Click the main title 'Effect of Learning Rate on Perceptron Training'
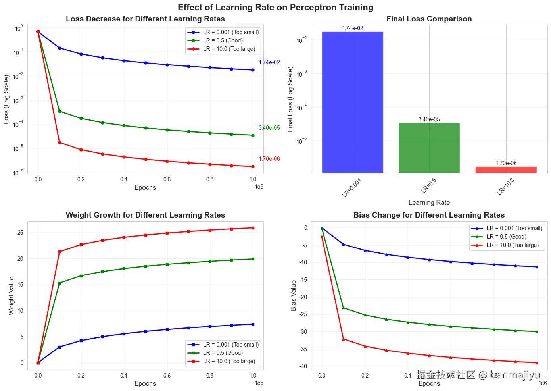[x=275, y=8]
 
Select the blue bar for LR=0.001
[x=352, y=102]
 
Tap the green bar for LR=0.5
[x=429, y=148]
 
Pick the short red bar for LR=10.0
[x=506, y=170]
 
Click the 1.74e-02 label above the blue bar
[x=352, y=28]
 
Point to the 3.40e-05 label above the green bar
[x=429, y=119]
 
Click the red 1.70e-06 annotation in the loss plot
[x=269, y=159]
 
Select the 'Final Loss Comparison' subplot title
[x=429, y=19]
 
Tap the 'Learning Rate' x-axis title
[x=429, y=202]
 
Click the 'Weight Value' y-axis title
[x=11, y=296]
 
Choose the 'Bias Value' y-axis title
[x=294, y=296]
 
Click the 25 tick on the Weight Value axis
[x=21, y=233]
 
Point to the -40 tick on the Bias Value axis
[x=303, y=366]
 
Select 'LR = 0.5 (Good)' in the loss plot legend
[x=223, y=40]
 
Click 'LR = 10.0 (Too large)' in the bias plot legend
[x=513, y=245]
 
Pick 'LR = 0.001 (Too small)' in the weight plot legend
[x=230, y=345]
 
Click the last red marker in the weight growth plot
[x=253, y=228]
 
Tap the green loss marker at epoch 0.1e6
[x=60, y=111]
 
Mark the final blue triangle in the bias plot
[x=537, y=267]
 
